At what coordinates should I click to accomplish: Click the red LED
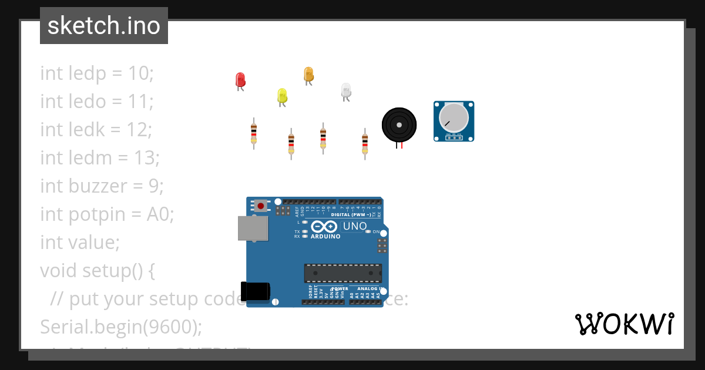(240, 80)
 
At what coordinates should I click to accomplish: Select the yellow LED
(282, 95)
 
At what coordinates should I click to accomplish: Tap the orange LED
(308, 75)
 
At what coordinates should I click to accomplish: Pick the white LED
(346, 90)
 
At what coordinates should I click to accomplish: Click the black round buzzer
(399, 125)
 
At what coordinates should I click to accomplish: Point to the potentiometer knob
(454, 117)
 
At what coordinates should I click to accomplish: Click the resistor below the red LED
(254, 133)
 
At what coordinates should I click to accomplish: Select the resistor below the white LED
(365, 143)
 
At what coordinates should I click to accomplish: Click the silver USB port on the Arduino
(253, 228)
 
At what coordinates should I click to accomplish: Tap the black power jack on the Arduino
(255, 292)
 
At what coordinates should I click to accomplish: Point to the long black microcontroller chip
(343, 273)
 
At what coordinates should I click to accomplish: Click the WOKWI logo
(625, 324)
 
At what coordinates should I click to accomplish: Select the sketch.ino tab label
(104, 26)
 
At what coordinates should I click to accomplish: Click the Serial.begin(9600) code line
(120, 327)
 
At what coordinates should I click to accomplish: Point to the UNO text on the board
(354, 226)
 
